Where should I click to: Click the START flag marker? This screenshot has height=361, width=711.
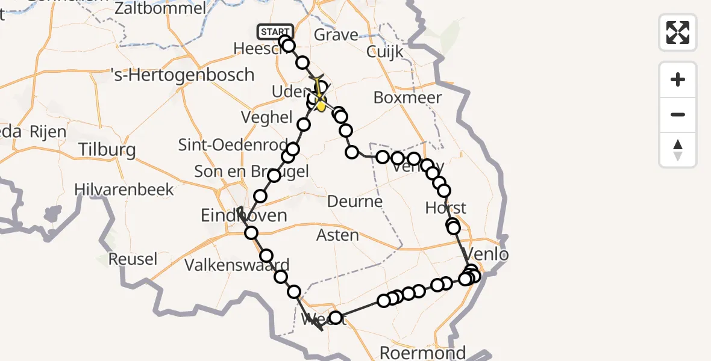coord(275,31)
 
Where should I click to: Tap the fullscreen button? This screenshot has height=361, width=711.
coord(678,32)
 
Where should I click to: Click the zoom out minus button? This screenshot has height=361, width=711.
coord(678,114)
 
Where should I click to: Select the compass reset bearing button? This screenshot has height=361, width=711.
coord(678,150)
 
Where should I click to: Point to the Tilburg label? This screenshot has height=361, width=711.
coord(107,149)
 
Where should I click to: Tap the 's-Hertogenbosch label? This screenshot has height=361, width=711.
coord(183,75)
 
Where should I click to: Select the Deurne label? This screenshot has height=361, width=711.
coord(354,201)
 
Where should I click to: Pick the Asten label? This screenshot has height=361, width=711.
coord(338,235)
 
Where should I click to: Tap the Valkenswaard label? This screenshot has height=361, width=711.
coord(237,265)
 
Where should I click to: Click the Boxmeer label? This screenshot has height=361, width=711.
coord(407,97)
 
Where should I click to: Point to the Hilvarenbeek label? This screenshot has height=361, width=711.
coord(124,190)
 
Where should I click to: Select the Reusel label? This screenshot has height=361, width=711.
coord(133,259)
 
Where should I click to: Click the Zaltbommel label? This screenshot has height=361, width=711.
coord(160,8)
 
